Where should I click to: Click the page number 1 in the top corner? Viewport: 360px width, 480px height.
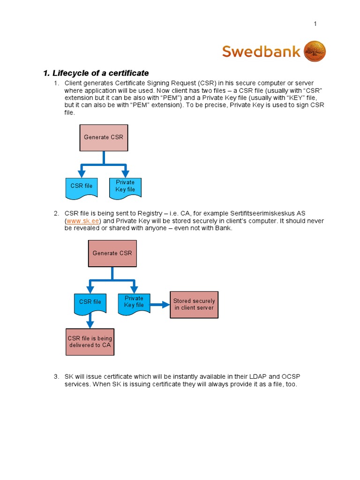315,24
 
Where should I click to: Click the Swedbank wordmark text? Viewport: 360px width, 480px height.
261,51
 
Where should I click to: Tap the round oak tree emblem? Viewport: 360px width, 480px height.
315,51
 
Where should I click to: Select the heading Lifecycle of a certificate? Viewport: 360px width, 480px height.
96,73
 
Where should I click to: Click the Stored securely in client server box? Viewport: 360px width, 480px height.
194,304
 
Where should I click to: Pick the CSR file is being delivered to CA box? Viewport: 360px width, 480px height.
90,342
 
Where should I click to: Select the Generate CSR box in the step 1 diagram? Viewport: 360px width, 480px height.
104,138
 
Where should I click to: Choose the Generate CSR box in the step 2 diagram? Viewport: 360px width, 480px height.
112,253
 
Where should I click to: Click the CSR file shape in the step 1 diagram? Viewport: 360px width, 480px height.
82,186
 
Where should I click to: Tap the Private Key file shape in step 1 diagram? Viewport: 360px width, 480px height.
125,186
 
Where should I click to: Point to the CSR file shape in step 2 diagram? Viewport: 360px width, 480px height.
90,302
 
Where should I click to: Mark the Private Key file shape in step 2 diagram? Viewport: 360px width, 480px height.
134,302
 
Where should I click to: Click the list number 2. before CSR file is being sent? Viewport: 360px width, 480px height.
56,213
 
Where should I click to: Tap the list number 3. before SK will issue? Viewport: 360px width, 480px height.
56,377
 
